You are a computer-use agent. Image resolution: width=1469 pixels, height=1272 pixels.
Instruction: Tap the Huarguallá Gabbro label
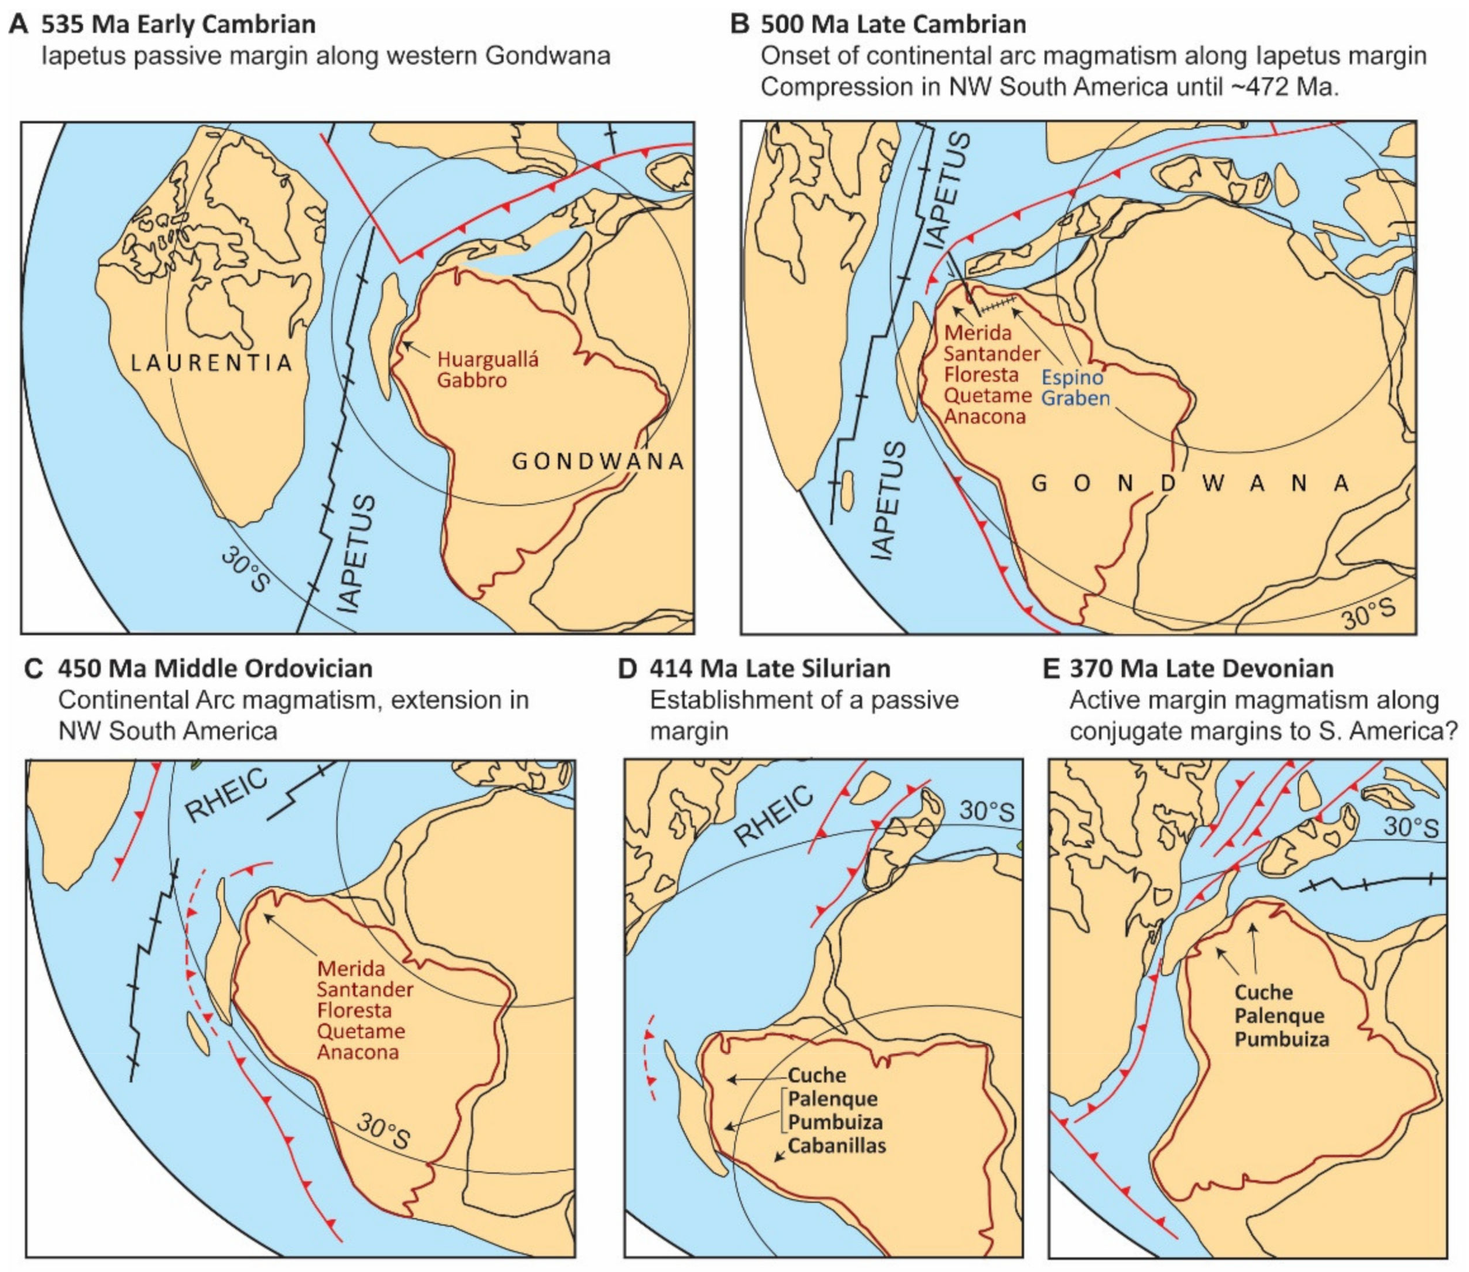487,369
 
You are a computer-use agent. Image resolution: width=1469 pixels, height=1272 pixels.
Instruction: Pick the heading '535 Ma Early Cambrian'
178,24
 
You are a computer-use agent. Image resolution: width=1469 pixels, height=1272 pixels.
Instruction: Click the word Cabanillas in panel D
836,1145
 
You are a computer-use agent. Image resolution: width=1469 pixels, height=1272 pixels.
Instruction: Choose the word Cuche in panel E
1263,991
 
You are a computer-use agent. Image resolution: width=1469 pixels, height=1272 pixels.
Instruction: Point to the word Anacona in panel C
357,1052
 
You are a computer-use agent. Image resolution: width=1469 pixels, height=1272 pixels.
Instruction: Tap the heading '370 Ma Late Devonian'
1201,669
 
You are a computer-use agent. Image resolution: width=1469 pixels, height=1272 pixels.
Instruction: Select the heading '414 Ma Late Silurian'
770,669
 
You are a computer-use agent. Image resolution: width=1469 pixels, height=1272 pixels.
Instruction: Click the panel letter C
33,669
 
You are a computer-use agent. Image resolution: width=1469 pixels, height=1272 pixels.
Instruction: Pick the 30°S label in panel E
1411,827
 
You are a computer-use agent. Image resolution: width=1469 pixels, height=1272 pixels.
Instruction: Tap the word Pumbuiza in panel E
1281,1039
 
